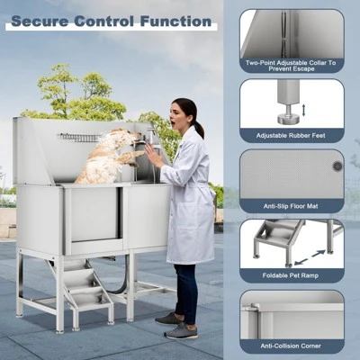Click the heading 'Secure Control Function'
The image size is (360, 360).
coord(112,21)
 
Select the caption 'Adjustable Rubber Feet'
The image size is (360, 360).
coord(292,136)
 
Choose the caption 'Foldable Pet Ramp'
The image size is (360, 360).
coord(292,274)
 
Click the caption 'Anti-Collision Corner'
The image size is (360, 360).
coord(292,345)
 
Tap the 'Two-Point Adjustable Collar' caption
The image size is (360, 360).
coord(292,64)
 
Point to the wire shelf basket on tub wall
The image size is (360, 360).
coord(79,138)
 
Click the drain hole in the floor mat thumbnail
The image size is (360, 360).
coord(337,166)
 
